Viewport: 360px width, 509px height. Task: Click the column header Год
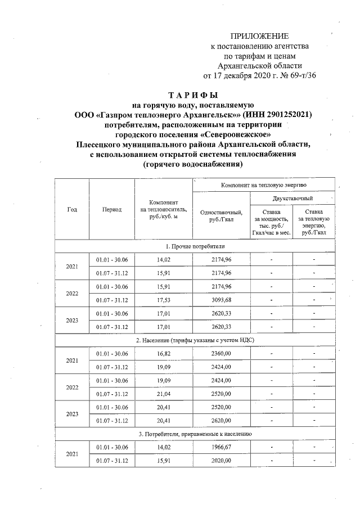pyautogui.click(x=72, y=209)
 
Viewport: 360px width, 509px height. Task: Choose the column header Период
pyautogui.click(x=112, y=209)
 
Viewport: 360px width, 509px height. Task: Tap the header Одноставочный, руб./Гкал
pyautogui.click(x=221, y=215)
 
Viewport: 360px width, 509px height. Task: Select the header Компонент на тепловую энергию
pyautogui.click(x=264, y=184)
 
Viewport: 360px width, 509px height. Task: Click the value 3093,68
pyautogui.click(x=221, y=300)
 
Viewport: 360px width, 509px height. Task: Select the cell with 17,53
pyautogui.click(x=164, y=300)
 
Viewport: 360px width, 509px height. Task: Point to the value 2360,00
pyautogui.click(x=221, y=354)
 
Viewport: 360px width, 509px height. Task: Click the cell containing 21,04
pyautogui.click(x=164, y=394)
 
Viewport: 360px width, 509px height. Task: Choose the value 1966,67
pyautogui.click(x=221, y=448)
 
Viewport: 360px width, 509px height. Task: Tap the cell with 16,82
pyautogui.click(x=164, y=354)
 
